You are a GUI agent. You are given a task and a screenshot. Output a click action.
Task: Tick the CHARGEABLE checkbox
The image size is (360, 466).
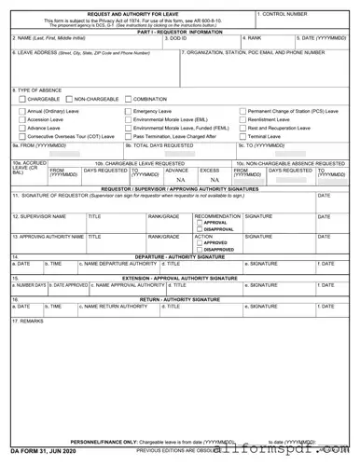click(21, 98)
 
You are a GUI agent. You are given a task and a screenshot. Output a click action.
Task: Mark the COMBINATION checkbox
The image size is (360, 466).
click(128, 98)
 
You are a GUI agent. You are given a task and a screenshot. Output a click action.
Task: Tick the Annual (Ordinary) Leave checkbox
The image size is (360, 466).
click(21, 111)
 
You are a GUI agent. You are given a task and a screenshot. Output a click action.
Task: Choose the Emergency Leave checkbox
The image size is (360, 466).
click(128, 111)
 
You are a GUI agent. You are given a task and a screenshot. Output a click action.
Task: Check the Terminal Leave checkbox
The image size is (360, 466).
click(242, 136)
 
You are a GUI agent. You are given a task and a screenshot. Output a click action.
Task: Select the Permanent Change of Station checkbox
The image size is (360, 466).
click(242, 111)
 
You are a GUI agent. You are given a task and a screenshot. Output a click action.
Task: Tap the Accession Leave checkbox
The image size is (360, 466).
click(21, 119)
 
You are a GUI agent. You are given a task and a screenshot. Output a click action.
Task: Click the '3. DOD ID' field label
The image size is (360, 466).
click(177, 38)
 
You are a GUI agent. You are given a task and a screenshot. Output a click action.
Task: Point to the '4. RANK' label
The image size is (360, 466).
click(252, 38)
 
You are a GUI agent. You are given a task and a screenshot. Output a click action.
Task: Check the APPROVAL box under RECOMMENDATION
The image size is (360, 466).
click(199, 223)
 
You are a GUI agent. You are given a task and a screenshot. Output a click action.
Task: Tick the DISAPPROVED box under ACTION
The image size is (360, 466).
click(199, 250)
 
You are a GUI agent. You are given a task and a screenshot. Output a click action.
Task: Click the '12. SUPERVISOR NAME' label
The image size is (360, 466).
click(39, 216)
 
